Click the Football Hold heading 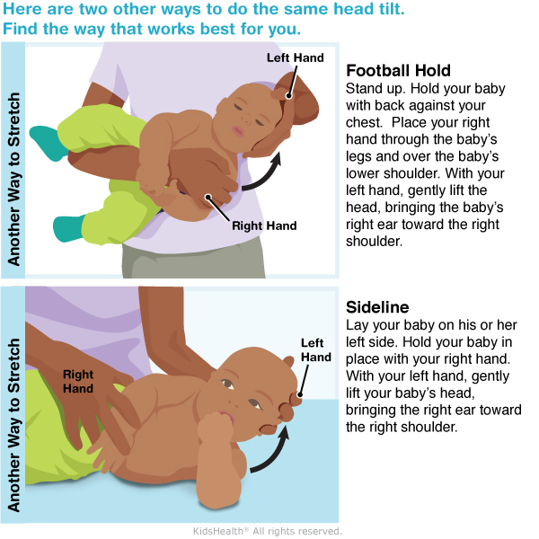tap(398, 70)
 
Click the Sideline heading tap(377, 307)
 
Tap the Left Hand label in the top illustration tap(296, 57)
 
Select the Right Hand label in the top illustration tap(264, 225)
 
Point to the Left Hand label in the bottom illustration tap(316, 350)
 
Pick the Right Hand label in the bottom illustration tap(78, 381)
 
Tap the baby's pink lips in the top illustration tap(238, 131)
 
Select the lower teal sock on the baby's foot tap(69, 228)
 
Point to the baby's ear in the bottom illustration tap(288, 362)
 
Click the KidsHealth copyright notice tap(268, 531)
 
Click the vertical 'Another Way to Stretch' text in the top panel tap(13, 179)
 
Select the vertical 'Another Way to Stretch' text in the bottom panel tap(13, 425)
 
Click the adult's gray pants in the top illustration tap(193, 261)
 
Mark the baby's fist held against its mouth tap(215, 428)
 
